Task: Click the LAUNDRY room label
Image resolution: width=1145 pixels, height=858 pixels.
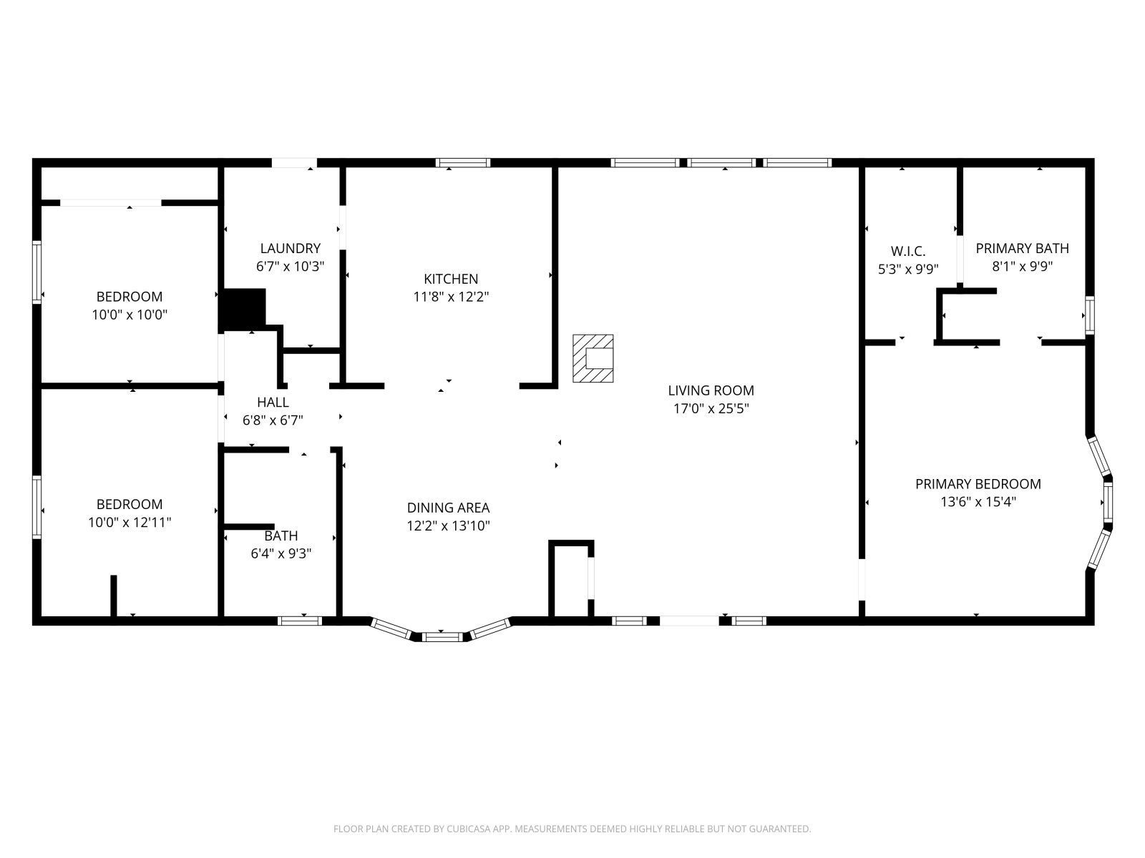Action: (290, 248)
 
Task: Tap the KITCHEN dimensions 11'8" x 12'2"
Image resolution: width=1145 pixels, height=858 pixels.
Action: (451, 297)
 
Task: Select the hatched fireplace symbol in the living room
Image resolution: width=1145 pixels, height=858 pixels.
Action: (593, 358)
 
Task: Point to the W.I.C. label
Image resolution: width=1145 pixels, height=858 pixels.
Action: (907, 251)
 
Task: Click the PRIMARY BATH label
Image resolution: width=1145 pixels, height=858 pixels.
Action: (1022, 248)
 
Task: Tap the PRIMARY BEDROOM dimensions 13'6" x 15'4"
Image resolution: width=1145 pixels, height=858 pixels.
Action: (978, 502)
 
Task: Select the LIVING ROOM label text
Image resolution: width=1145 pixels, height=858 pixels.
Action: (711, 390)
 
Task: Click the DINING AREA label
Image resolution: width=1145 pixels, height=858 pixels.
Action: (448, 508)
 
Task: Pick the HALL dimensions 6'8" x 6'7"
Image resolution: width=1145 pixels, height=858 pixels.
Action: (273, 420)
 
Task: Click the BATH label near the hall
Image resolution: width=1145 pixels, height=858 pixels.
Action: (281, 536)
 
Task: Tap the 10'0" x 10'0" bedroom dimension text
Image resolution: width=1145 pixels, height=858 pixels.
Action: (130, 315)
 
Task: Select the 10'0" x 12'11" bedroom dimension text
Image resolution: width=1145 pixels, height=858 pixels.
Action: (130, 523)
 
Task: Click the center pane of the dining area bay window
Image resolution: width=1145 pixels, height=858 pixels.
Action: (442, 636)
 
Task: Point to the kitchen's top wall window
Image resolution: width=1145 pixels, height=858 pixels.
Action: (463, 163)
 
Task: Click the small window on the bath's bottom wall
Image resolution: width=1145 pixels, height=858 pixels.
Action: (300, 621)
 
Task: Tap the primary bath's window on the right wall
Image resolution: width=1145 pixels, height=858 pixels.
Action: (1089, 315)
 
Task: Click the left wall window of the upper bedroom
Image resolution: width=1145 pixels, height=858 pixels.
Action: (36, 272)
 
